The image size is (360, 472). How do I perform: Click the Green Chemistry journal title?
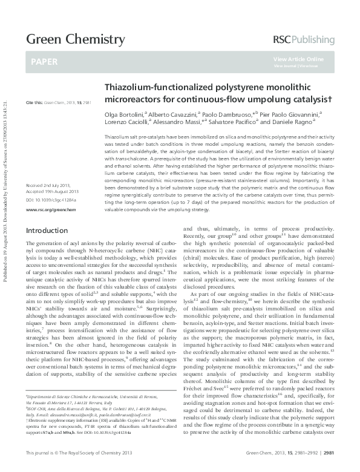click(74, 40)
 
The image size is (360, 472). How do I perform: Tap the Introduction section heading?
click(47, 231)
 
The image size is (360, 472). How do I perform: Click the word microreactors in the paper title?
click(131, 98)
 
